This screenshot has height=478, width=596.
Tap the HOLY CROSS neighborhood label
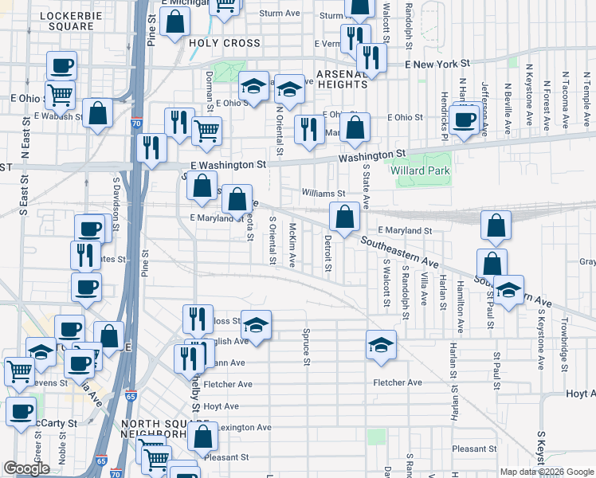(x=225, y=43)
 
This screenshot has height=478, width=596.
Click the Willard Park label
(x=420, y=170)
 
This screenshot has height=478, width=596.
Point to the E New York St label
(x=437, y=63)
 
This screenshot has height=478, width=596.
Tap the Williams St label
(x=323, y=193)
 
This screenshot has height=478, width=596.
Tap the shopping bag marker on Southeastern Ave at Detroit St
(x=344, y=217)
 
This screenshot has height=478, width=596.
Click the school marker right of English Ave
(x=256, y=324)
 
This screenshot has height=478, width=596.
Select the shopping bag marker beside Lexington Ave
(x=203, y=437)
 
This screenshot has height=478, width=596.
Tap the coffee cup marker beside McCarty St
(x=21, y=412)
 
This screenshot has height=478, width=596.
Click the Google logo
(x=26, y=468)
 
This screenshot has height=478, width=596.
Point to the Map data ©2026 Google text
(x=545, y=472)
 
